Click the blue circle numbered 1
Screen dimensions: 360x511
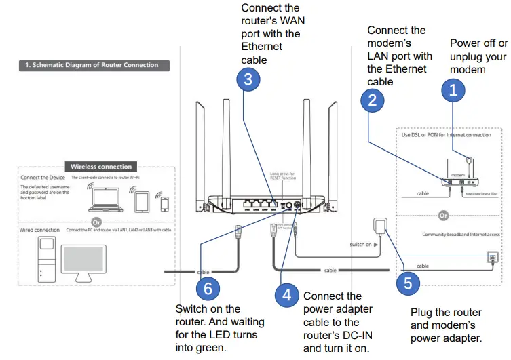[x=454, y=89]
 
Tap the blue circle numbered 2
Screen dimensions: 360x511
[x=372, y=101]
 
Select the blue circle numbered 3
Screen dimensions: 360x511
[x=248, y=79]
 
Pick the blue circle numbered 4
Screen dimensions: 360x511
[x=287, y=294]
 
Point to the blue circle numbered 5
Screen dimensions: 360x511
[x=407, y=283]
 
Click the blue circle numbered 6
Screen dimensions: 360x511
[x=208, y=288]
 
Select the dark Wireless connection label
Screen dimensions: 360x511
[x=101, y=166]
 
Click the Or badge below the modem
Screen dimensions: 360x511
[x=444, y=215]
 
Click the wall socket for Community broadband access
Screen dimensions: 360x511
[x=493, y=258]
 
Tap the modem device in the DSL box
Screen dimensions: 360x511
[x=462, y=180]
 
